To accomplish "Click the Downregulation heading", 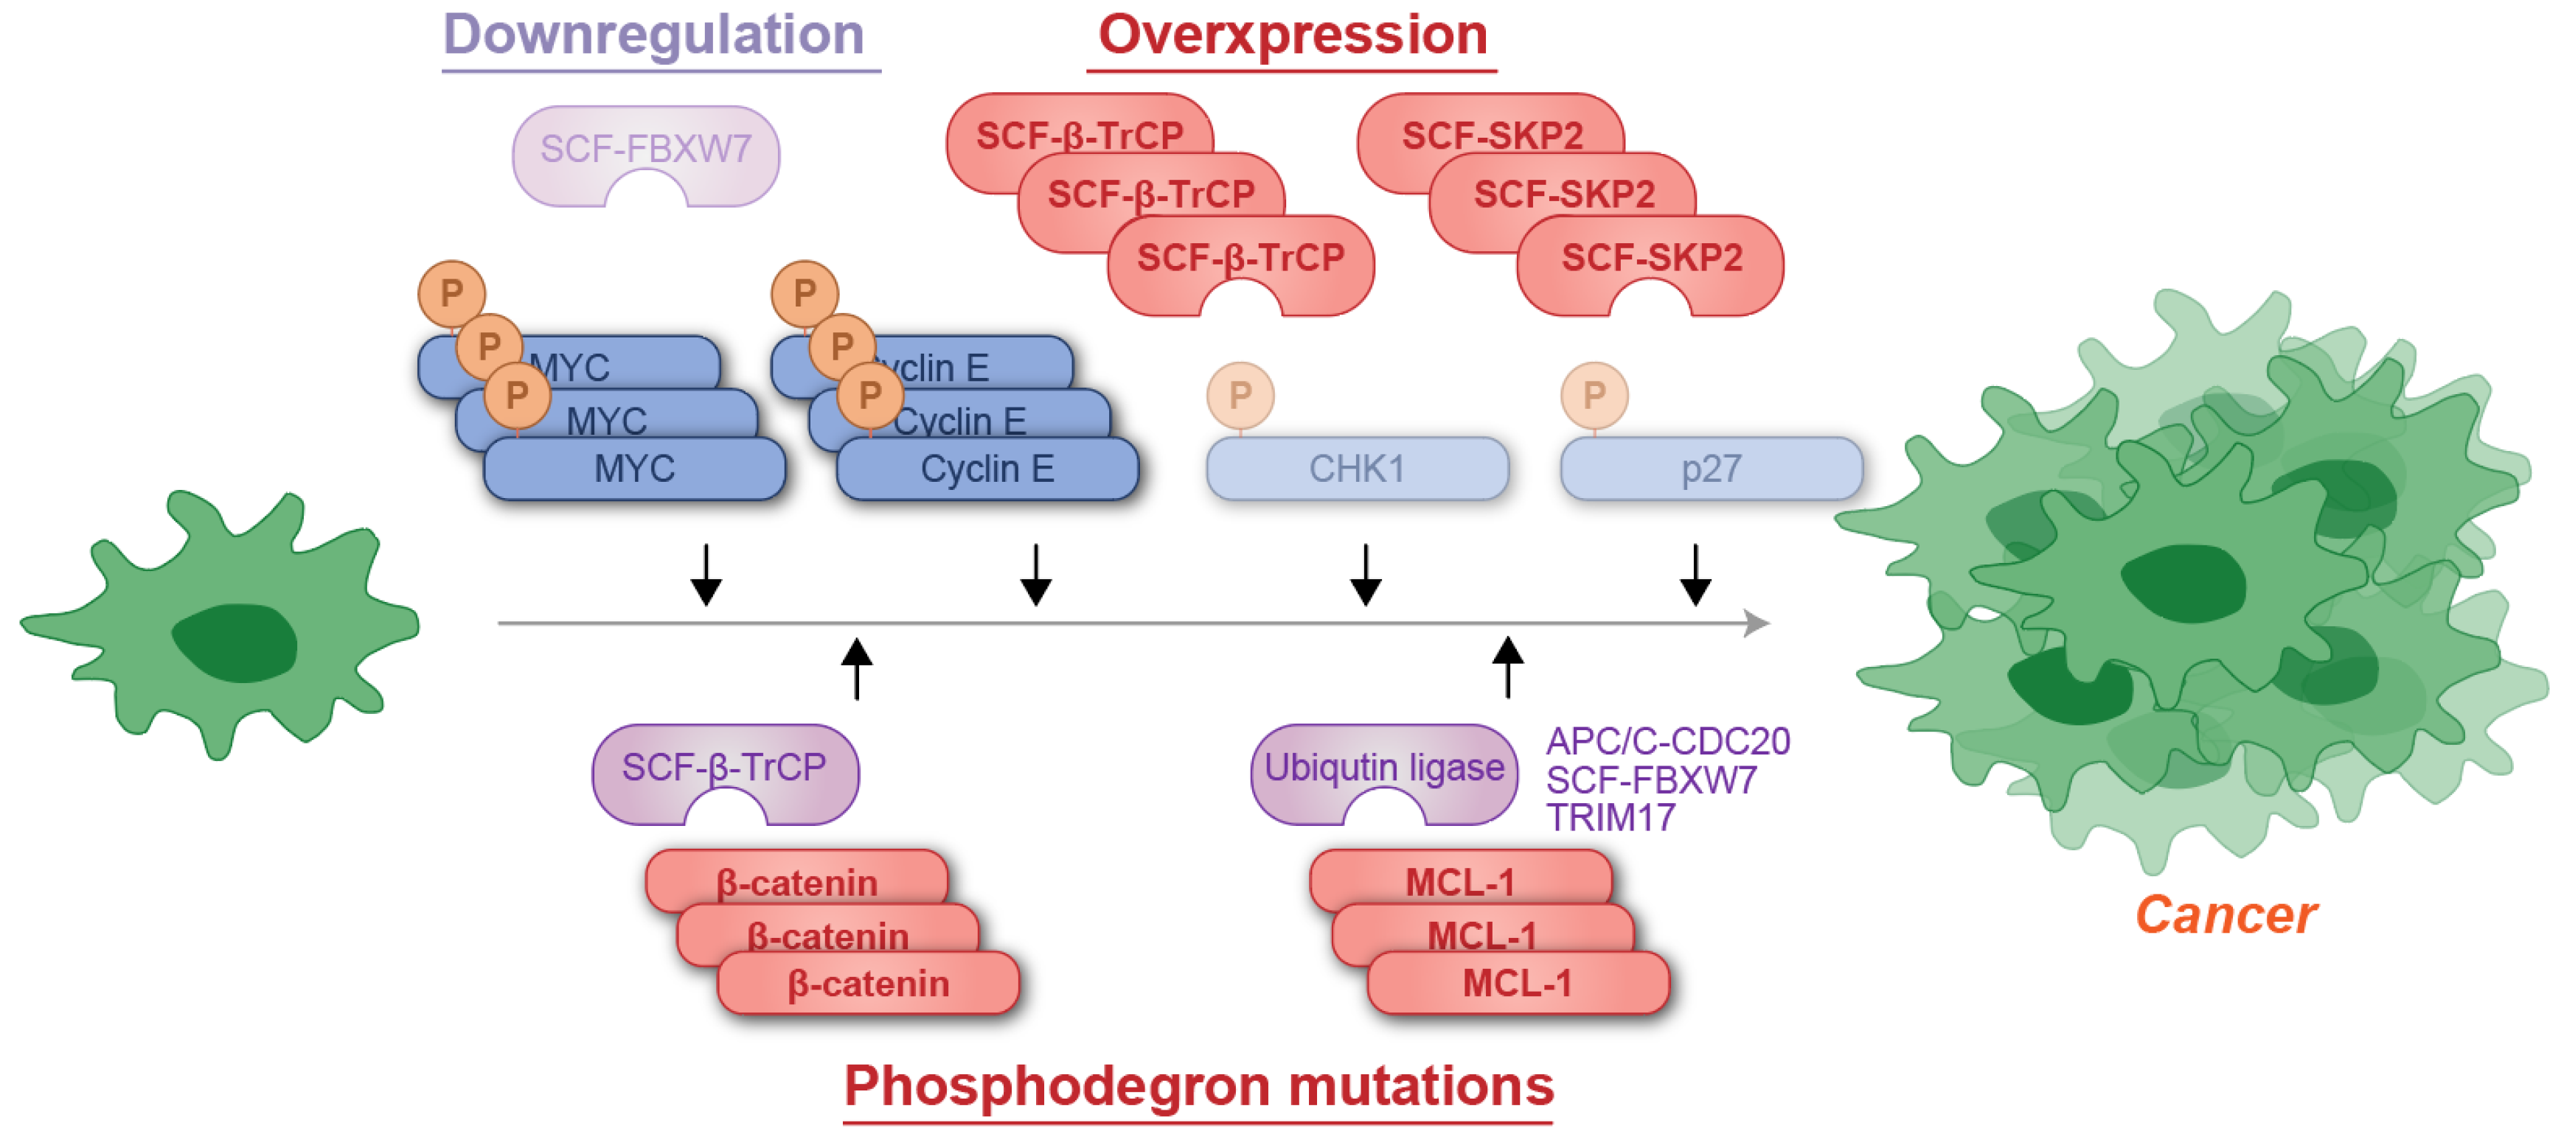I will [x=653, y=36].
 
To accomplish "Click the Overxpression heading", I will [x=1292, y=36].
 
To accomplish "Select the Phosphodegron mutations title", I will [x=1198, y=1085].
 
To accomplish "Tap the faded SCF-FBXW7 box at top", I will [x=645, y=150].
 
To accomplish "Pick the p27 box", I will [x=1710, y=469].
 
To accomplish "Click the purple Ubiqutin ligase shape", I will [x=1383, y=767].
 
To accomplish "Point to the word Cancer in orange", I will [x=2226, y=914].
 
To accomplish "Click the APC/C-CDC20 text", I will [x=1667, y=741].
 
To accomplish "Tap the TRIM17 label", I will [x=1610, y=818].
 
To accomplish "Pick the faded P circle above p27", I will [x=1594, y=395].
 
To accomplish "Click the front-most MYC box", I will [x=634, y=469].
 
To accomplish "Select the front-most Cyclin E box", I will [x=987, y=469].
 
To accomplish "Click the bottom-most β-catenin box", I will [x=868, y=984].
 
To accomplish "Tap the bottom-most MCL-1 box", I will [x=1517, y=984].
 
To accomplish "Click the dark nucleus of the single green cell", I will [x=236, y=642].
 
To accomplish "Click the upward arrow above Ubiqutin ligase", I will [x=1507, y=665].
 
